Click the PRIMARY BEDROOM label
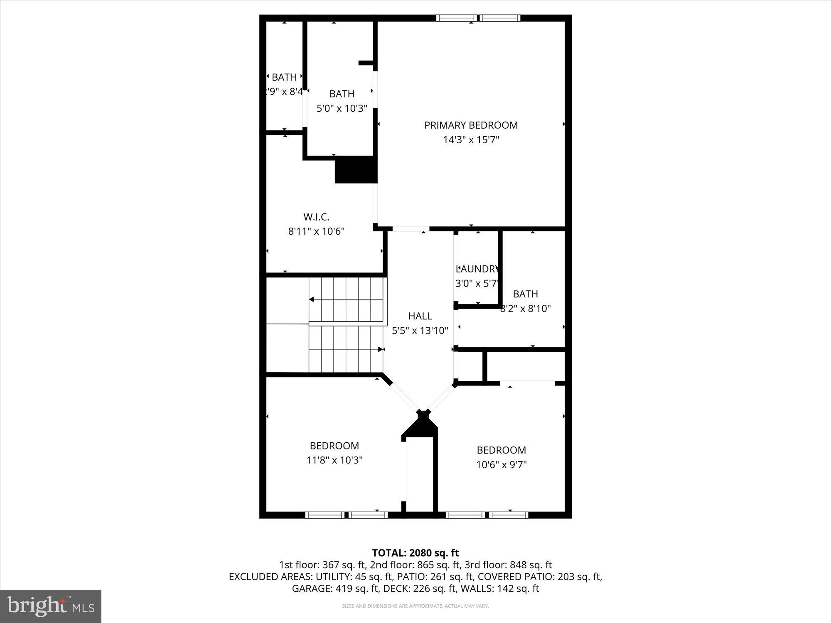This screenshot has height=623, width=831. point(471,125)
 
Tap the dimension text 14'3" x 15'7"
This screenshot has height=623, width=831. point(471,140)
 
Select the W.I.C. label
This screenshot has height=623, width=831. point(316,217)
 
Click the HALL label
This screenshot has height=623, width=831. point(420,316)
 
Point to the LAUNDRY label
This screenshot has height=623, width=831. point(477,269)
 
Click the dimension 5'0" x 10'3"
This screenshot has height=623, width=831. point(342,109)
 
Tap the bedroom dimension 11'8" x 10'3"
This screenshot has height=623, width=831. point(334,460)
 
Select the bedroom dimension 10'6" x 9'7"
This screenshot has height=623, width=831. point(501,465)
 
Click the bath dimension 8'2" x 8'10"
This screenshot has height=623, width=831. point(526,309)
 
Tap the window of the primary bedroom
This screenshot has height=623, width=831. point(478,18)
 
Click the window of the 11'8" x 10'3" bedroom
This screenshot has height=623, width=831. point(346,515)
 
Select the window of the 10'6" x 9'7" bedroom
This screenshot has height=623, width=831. point(487,515)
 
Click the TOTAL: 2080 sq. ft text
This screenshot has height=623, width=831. point(415,553)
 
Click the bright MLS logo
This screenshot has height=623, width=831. point(51,606)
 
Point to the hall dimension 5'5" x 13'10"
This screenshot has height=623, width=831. point(420,331)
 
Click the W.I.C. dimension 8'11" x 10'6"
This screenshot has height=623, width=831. point(316,231)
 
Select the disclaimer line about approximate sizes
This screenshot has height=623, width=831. point(415,606)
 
